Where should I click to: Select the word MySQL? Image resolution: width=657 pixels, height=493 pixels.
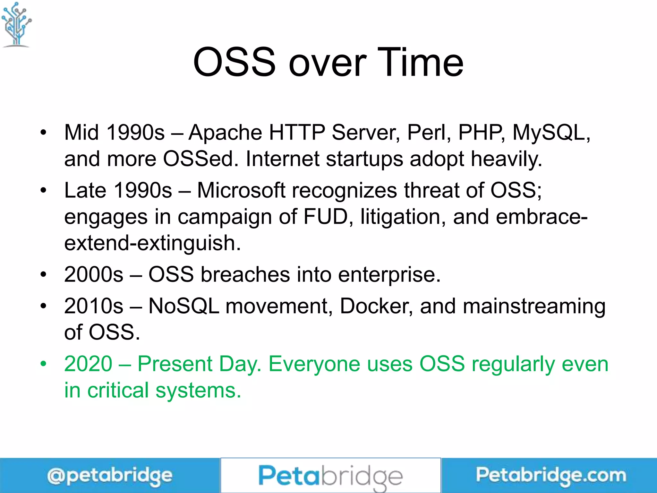pos(550,133)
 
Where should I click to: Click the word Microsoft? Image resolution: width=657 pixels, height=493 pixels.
pos(241,190)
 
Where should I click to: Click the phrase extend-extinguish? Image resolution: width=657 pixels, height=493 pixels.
pos(152,243)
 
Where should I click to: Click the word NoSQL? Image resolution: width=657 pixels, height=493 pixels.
pos(184,306)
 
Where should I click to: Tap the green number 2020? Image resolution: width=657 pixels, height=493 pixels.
pos(88,364)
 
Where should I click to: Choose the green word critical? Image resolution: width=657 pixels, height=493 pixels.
pos(118,391)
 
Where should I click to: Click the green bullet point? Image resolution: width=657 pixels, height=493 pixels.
pos(43,364)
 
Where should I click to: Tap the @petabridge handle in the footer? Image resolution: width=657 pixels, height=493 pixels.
pos(110,476)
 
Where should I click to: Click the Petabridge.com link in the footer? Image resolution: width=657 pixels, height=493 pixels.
pos(550,475)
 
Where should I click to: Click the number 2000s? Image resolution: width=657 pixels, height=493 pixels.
pos(94,275)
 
